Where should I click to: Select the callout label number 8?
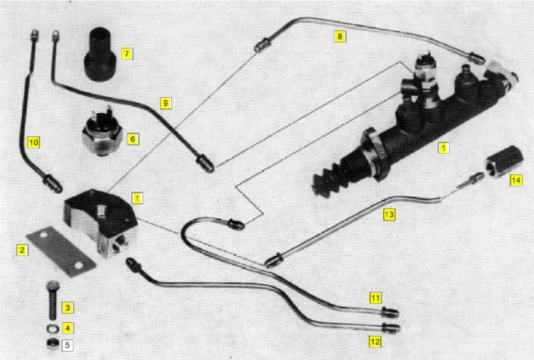click(x=340, y=36)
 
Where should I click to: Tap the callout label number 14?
click(x=516, y=180)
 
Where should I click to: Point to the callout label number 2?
click(x=23, y=249)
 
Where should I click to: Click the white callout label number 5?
click(x=68, y=346)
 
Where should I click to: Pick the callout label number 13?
click(x=389, y=214)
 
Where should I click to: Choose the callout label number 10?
click(x=33, y=141)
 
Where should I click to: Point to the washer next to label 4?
click(x=50, y=328)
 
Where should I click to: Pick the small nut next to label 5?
click(x=50, y=345)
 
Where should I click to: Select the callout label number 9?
click(x=166, y=102)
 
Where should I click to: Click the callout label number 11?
click(x=375, y=297)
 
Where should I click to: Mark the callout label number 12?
click(x=375, y=342)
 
